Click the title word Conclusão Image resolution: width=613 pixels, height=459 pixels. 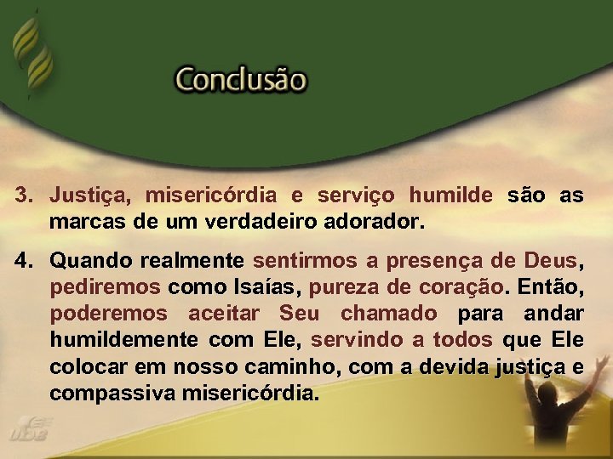tap(240, 82)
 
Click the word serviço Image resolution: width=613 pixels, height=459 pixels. tap(355, 195)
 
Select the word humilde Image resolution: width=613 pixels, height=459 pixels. tap(450, 195)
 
